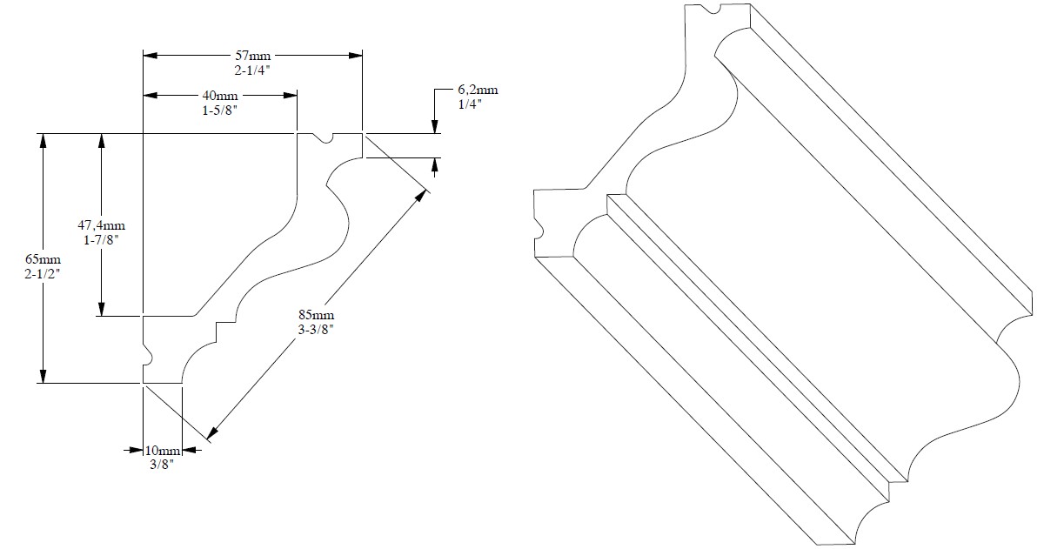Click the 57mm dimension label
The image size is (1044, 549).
tap(252, 56)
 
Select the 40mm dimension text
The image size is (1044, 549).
tap(220, 96)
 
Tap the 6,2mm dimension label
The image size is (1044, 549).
tap(478, 90)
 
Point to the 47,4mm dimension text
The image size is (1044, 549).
tap(101, 225)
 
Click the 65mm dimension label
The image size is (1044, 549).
tap(43, 259)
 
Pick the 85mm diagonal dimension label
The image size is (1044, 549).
tap(316, 315)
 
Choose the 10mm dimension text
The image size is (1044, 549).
tap(162, 451)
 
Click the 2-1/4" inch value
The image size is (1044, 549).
tap(252, 70)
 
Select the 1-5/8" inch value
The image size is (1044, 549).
tap(219, 110)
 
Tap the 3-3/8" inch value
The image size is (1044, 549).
tap(316, 330)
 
